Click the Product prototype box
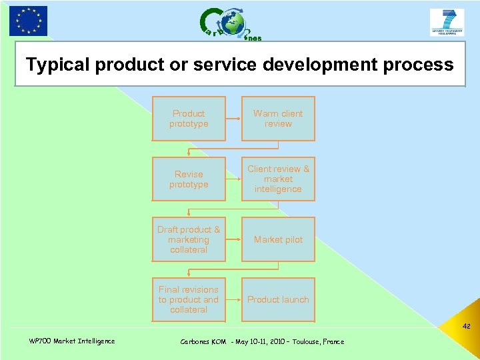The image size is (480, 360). [x=189, y=119]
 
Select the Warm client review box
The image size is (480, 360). [x=278, y=119]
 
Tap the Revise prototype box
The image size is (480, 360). [x=189, y=179]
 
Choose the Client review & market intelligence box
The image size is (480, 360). [x=278, y=179]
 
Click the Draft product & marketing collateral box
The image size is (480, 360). [x=189, y=239]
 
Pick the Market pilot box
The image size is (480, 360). [x=278, y=239]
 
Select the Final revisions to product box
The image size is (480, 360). [x=189, y=299]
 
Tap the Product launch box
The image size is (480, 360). [x=278, y=299]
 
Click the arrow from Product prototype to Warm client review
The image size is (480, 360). [x=233, y=119]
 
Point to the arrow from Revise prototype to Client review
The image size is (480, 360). [x=233, y=179]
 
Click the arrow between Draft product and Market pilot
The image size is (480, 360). [x=233, y=239]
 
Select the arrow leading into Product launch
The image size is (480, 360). [x=233, y=299]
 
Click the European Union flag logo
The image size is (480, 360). [x=28, y=21]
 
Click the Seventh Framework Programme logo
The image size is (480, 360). [x=447, y=22]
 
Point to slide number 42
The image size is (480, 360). [x=466, y=327]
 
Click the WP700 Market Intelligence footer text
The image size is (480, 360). [x=72, y=341]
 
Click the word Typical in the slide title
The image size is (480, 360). [x=58, y=65]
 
